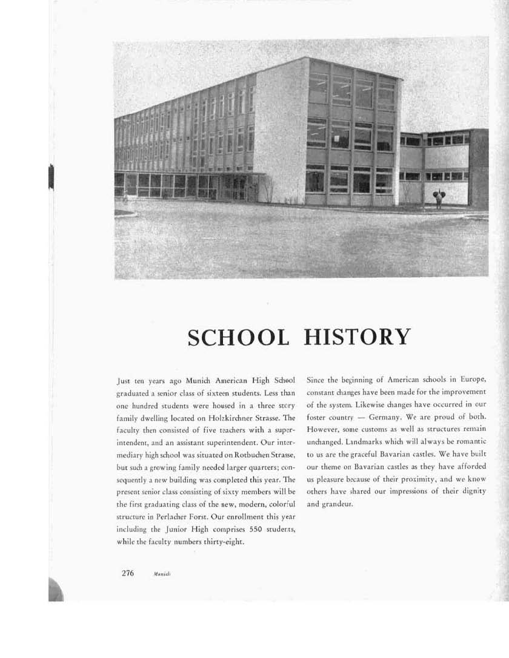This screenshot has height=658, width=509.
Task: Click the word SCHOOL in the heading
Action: pos(238,337)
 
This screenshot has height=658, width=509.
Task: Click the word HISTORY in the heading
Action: pos(357,337)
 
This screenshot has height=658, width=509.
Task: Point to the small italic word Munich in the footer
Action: pos(164,574)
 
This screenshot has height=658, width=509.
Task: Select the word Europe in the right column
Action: pos(470,380)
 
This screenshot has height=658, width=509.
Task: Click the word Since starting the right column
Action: pos(318,380)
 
